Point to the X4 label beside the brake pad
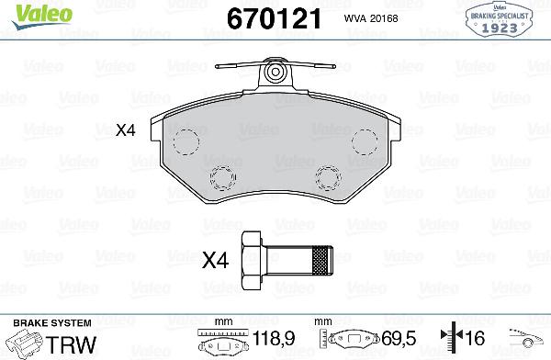pyautogui.click(x=125, y=131)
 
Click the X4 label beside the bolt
pyautogui.click(x=214, y=262)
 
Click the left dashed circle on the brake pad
pyautogui.click(x=187, y=141)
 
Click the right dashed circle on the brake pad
pyautogui.click(x=364, y=141)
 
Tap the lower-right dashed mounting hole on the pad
pyautogui.click(x=328, y=176)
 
